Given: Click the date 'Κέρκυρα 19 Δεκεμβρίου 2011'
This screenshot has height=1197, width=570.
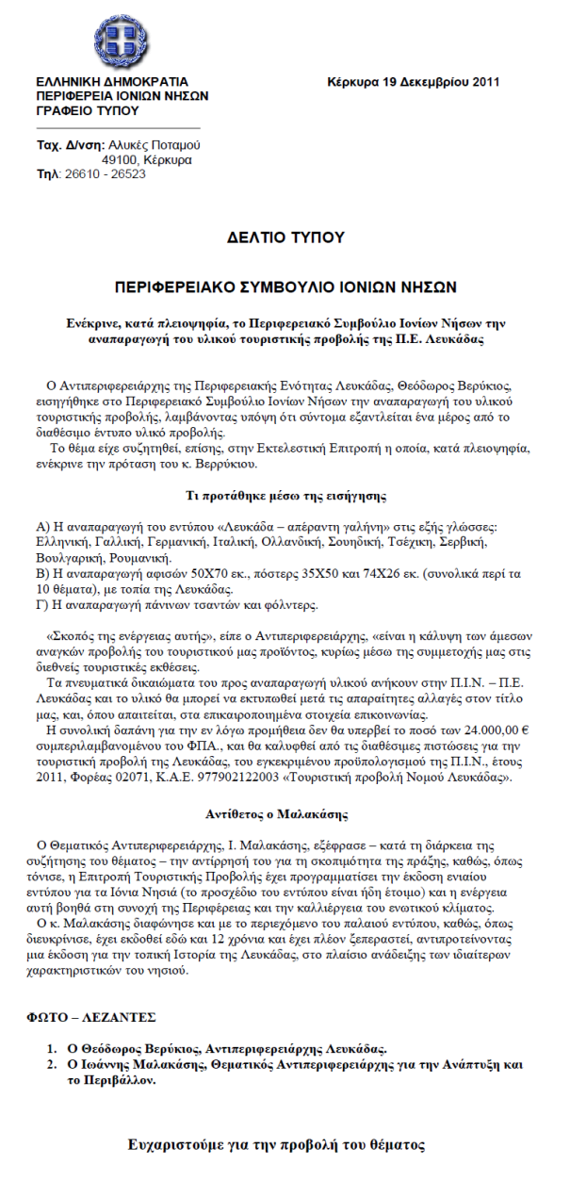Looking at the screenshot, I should coord(414,82).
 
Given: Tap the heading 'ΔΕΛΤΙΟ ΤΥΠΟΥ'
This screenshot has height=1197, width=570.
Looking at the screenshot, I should coord(285,238).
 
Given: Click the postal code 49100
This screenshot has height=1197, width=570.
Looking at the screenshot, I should coord(119,160).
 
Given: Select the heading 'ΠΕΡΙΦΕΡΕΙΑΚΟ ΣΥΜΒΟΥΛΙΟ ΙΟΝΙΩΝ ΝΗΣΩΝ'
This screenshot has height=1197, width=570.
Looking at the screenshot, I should coord(285,286).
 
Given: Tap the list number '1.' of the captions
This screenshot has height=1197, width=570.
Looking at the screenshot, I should coord(53,1049).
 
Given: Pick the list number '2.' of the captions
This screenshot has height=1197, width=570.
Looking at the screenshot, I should coord(53,1063).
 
